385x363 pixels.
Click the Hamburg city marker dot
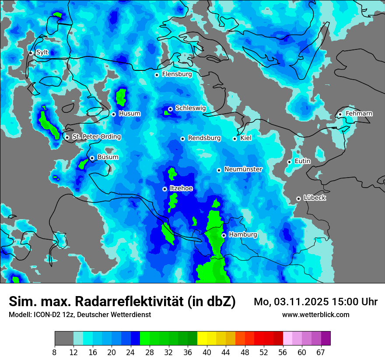pyautogui.click(x=224, y=235)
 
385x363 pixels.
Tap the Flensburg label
pyautogui.click(x=177, y=74)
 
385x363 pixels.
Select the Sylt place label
pyautogui.click(x=42, y=52)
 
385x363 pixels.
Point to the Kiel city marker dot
pyautogui.click(x=235, y=139)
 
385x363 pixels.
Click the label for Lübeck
pyautogui.click(x=315, y=198)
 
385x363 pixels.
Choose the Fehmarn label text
pyautogui.click(x=359, y=114)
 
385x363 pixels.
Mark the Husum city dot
pyautogui.click(x=113, y=114)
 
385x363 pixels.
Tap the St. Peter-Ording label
pyautogui.click(x=96, y=137)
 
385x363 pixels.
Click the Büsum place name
pyautogui.click(x=108, y=157)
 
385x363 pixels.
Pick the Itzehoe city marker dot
pyautogui.click(x=164, y=189)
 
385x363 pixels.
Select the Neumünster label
pyautogui.click(x=243, y=169)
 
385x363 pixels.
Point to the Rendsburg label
pyautogui.click(x=204, y=138)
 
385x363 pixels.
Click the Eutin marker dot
pyautogui.click(x=289, y=162)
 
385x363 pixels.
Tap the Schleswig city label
pyautogui.click(x=190, y=108)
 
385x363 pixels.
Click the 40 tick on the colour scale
pyautogui.click(x=207, y=353)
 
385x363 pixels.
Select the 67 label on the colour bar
pyautogui.click(x=321, y=353)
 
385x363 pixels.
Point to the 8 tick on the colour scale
pyautogui.click(x=55, y=353)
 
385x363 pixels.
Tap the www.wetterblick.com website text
pyautogui.click(x=315, y=314)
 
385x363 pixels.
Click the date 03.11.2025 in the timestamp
pyautogui.click(x=302, y=302)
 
